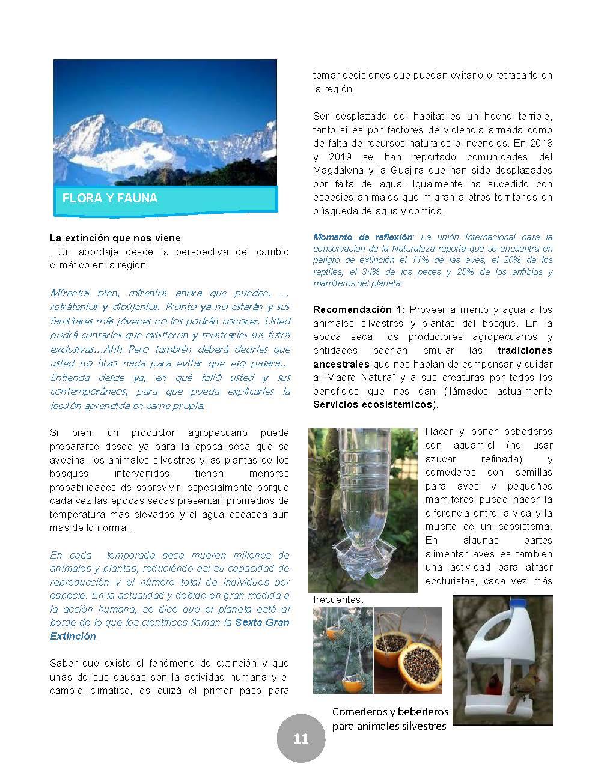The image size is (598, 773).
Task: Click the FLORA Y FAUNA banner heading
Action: pos(110,198)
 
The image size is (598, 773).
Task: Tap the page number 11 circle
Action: pos(301,738)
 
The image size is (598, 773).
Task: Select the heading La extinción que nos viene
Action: pos(115,238)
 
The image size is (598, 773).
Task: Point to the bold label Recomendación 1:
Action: pos(359,310)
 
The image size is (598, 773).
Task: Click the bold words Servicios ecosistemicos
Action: pos(373,404)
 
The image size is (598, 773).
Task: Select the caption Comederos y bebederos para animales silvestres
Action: pos(390,719)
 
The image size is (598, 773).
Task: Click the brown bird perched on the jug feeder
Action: pos(522,691)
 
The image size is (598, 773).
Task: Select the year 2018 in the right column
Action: pos(540,144)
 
